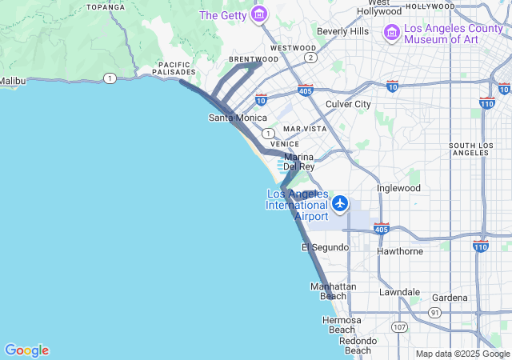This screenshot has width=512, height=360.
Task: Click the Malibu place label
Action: click(13, 81)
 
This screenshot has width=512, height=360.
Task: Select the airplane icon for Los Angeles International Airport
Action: click(341, 203)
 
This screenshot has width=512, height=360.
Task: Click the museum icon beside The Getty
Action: click(258, 14)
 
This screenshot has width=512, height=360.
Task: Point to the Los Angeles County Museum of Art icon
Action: click(392, 32)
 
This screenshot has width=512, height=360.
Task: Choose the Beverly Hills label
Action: click(342, 31)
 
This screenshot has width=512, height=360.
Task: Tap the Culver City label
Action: click(348, 104)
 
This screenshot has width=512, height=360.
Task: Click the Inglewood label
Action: click(398, 188)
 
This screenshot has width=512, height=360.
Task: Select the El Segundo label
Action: click(325, 247)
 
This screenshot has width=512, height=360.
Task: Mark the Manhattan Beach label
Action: click(333, 291)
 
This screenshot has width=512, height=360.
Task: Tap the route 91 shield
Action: click(434, 312)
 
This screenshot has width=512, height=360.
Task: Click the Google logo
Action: click(26, 350)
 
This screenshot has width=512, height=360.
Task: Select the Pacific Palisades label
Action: click(174, 69)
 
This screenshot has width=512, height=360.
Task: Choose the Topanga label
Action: click(106, 6)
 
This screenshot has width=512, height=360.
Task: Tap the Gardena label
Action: click(450, 298)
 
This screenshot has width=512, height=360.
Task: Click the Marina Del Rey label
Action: click(298, 162)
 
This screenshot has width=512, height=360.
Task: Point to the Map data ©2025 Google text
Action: click(462, 354)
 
